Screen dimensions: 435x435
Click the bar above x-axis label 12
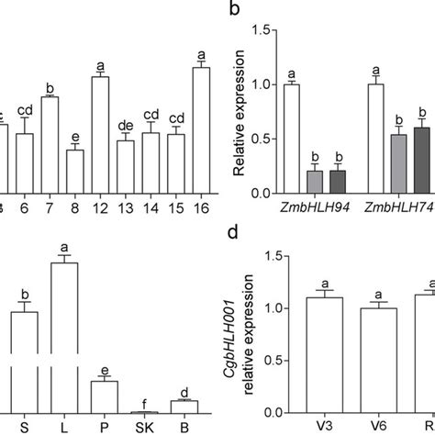point(100,135)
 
